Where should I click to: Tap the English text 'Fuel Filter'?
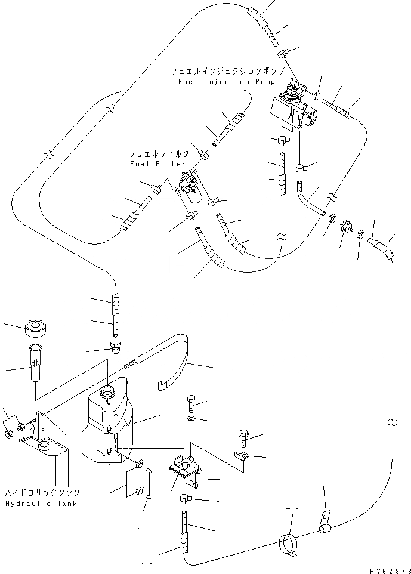coord(157,163)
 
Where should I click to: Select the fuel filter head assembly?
coord(191,181)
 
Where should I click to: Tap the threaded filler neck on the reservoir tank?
coord(107,392)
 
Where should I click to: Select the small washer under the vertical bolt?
coord(190,421)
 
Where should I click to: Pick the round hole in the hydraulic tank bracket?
coord(45,445)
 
